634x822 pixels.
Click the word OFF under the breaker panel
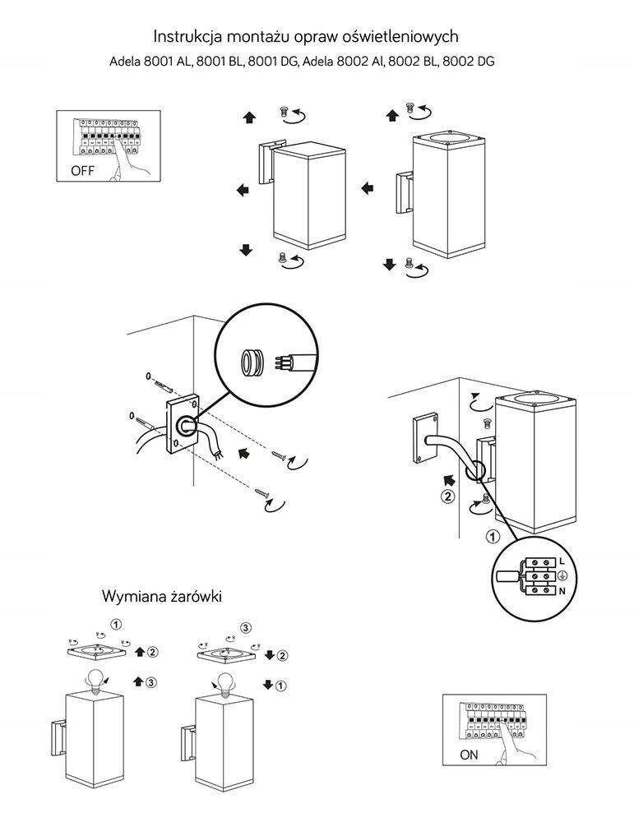coord(83,171)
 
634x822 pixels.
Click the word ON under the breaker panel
coord(470,754)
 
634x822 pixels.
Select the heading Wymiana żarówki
coord(162,594)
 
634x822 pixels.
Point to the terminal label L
coord(561,561)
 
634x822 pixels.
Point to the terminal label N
coord(561,590)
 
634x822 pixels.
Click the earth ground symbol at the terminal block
coord(562,575)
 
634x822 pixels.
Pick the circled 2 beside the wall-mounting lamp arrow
coord(447,496)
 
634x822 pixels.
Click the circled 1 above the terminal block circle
coord(493,538)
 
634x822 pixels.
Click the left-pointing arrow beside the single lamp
coord(243,191)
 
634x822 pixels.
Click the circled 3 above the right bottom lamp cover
coord(245,628)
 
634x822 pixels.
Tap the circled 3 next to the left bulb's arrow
coord(152,682)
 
